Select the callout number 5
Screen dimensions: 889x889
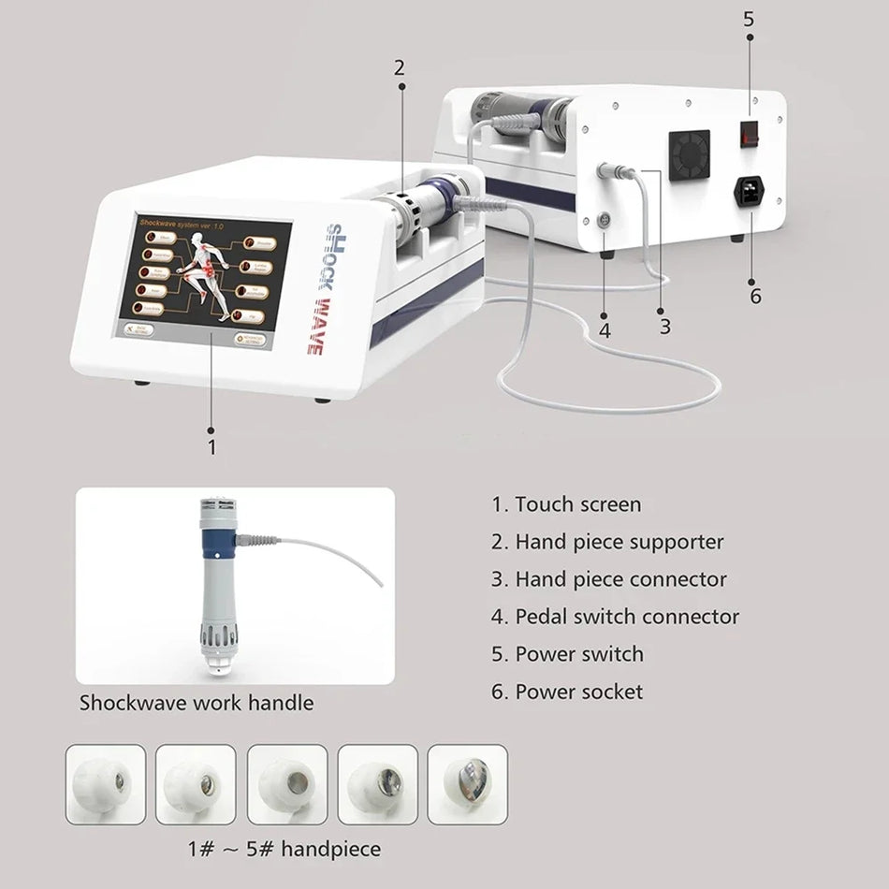tap(749, 18)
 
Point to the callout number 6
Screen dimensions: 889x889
tap(754, 297)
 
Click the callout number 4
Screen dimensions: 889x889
tap(605, 330)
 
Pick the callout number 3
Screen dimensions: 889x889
tap(664, 327)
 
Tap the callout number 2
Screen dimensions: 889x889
tap(400, 67)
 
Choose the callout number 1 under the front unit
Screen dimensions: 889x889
tap(211, 447)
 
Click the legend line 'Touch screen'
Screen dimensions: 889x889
tap(566, 504)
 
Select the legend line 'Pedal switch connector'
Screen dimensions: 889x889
tap(615, 617)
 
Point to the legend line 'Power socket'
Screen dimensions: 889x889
tap(567, 692)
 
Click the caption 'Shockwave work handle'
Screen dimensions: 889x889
tap(196, 702)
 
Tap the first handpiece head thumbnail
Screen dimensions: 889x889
tap(105, 784)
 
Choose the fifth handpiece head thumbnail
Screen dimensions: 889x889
tap(467, 784)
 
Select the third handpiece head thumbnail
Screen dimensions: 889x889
tap(286, 784)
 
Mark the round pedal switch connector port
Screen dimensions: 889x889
tap(604, 221)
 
